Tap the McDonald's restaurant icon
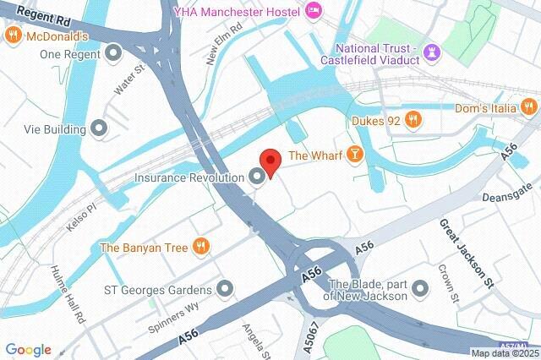tap(13, 35)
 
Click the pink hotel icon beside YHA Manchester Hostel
tap(314, 11)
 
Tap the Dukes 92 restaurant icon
tap(413, 121)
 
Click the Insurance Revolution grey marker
tap(256, 177)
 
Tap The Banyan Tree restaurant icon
tap(200, 247)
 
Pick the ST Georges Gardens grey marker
tap(224, 290)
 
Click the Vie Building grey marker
tap(100, 129)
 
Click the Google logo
tap(28, 349)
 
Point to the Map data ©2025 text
tap(504, 353)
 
